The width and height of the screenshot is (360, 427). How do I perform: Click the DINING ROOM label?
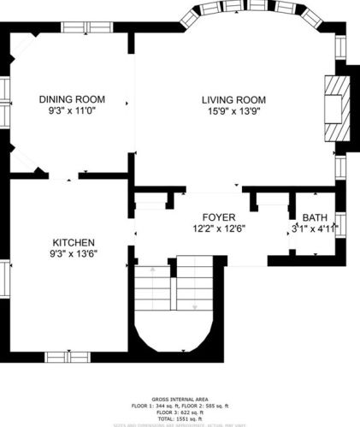[64, 99]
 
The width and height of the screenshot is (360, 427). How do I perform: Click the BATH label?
[314, 217]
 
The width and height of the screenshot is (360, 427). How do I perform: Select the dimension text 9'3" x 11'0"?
[64, 111]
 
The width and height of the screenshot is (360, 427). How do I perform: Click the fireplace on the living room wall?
[336, 107]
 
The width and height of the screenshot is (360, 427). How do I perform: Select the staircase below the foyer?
[176, 299]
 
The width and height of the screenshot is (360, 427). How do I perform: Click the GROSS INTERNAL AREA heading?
[180, 400]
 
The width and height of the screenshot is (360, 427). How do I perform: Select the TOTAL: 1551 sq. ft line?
[180, 418]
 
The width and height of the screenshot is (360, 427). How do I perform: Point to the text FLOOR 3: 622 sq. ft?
[180, 412]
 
